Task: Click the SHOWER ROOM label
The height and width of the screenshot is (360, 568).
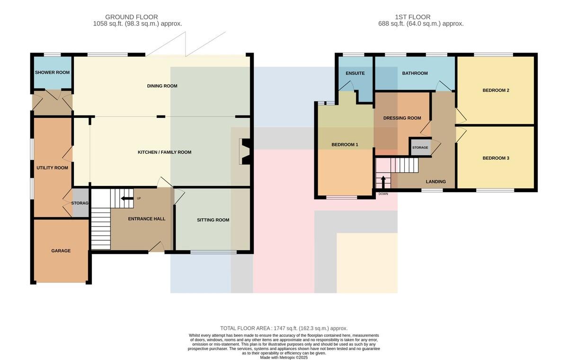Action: point(52,72)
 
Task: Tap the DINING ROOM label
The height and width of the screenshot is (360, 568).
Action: point(162,86)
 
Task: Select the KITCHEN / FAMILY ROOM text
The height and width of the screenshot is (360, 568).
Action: point(165,152)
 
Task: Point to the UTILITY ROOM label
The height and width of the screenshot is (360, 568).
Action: point(52,168)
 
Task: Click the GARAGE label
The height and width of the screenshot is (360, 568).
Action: point(61,251)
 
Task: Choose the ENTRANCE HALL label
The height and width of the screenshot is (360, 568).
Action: point(147,219)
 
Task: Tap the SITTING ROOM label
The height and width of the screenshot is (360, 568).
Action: point(213,220)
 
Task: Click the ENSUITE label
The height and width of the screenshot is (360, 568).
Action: point(355,73)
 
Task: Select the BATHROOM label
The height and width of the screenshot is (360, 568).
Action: point(415,73)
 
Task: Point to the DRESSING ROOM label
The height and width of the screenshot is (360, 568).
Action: point(402,118)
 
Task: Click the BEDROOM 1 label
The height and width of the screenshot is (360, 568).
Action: point(345,145)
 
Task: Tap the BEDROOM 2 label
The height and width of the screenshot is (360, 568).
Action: point(496,90)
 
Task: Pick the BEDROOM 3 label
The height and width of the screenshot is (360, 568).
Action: point(496,158)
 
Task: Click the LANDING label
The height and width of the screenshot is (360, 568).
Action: point(435,182)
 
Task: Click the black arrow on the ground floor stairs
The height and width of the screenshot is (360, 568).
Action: point(127,198)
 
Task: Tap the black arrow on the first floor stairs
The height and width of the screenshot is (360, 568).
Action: point(383,183)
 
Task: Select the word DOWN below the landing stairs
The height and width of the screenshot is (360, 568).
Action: point(383,194)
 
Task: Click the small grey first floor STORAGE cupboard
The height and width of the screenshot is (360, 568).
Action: point(420,147)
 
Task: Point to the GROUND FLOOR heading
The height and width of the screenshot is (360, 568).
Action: point(132,17)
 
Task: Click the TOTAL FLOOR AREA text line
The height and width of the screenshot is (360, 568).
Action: point(284,328)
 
